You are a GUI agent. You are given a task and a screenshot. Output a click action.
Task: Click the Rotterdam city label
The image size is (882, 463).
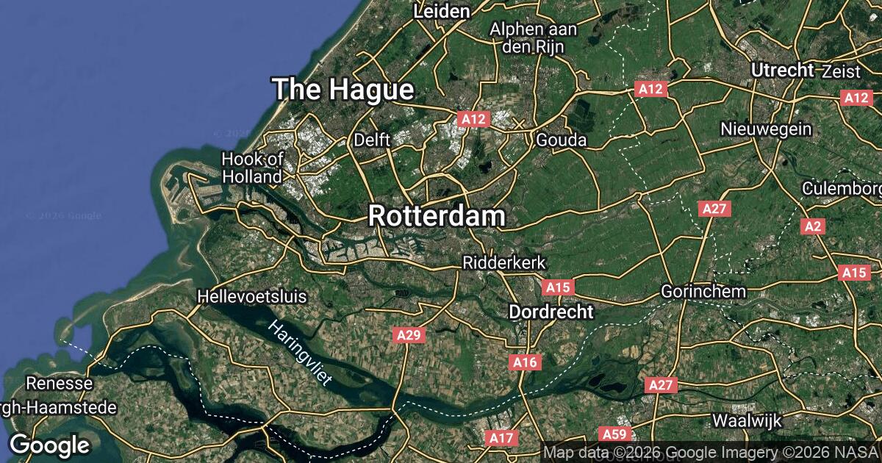click(437, 216)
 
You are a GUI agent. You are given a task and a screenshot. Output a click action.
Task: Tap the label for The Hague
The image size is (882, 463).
click(343, 90)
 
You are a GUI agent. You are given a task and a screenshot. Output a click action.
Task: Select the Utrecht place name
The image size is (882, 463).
click(783, 71)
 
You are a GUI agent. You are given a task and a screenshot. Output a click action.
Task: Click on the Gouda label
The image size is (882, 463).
click(562, 140)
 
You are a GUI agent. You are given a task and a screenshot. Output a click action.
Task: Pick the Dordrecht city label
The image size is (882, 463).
click(551, 312)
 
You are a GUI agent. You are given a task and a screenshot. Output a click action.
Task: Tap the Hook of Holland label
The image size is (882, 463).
click(252, 168)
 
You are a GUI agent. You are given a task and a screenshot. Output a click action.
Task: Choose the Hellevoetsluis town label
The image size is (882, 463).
click(252, 297)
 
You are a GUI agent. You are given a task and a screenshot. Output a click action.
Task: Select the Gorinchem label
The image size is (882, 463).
click(703, 291)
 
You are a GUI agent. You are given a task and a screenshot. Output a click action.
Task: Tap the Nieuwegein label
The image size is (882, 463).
click(767, 129)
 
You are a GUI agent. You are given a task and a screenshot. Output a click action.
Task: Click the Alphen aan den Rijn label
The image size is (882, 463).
click(534, 37)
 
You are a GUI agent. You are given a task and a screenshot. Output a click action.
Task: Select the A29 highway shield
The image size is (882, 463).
click(409, 335)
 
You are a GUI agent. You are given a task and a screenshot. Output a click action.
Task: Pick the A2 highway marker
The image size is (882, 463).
click(812, 226)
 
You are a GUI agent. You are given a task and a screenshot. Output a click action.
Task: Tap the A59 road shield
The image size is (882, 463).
click(612, 434)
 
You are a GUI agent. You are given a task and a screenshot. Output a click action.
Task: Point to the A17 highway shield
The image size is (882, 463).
click(501, 438)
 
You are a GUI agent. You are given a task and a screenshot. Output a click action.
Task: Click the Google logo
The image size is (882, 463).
click(49, 445)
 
